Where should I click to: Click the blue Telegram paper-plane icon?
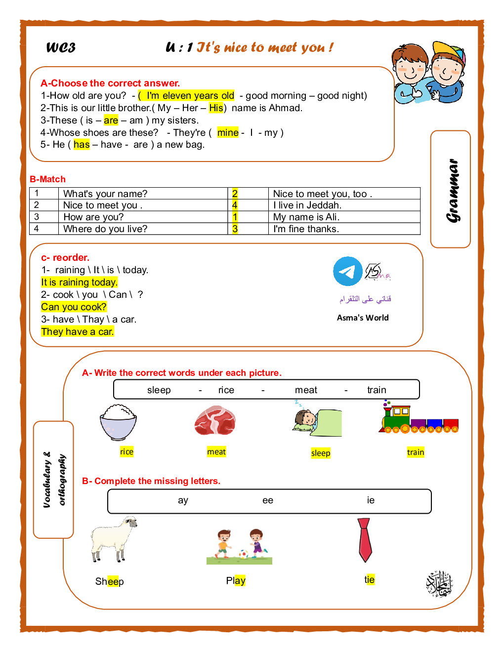pos(347,271)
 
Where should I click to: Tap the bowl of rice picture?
pos(118,422)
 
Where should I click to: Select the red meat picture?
pos(215,420)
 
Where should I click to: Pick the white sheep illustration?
pos(114,538)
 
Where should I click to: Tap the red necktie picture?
pos(365,539)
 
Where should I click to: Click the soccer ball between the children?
pos(243,554)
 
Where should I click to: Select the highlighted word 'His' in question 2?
pos(216,108)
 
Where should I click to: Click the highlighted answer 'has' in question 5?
pos(82,144)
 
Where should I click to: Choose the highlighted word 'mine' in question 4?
pos(228,132)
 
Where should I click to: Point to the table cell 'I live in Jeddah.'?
pos(307,205)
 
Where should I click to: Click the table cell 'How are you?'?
pos(93,217)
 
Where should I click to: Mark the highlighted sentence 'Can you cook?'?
pos(74,307)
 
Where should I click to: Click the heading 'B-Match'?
pos(47,179)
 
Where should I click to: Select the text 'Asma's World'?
pos(363,318)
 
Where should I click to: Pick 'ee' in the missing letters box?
pos(268,500)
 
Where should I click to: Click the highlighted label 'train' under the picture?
pos(416,452)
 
